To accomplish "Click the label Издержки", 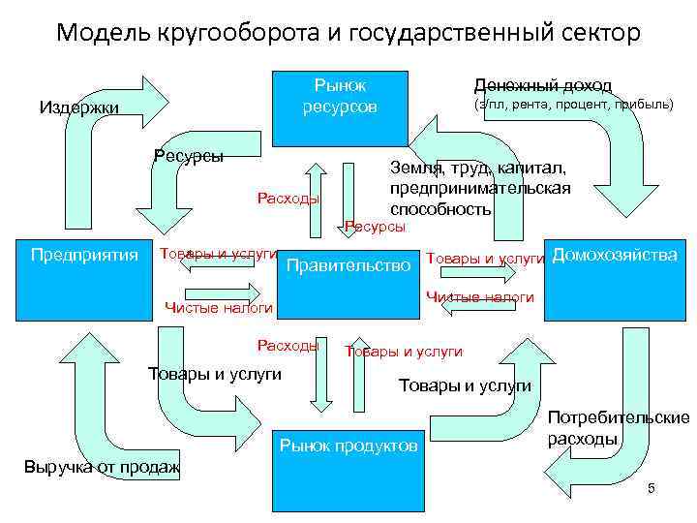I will [x=78, y=108].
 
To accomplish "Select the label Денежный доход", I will [x=541, y=85].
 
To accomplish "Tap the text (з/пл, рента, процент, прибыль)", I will [x=572, y=105].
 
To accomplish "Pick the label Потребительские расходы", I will [x=618, y=428].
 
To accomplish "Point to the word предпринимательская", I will [x=479, y=188].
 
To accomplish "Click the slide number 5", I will [x=652, y=488].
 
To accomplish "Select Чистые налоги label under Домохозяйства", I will [x=479, y=297].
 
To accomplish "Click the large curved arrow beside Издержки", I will [x=97, y=136].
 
